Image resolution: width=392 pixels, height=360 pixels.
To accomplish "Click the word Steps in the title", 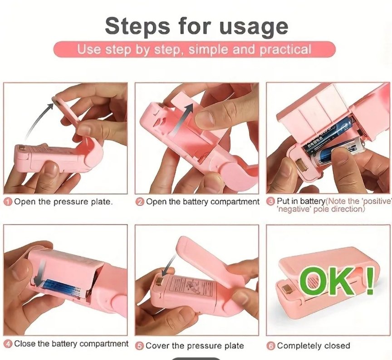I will [137, 26].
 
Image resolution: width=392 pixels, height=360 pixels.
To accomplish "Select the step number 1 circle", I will [8, 202].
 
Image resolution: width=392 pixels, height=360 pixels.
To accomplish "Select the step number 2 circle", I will [140, 202].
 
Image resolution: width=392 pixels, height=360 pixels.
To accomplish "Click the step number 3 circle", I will [270, 200].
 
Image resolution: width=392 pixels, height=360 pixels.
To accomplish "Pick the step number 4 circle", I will [8, 344].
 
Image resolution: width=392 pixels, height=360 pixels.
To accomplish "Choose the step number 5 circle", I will [140, 345].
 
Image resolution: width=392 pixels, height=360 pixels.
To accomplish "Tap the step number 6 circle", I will [271, 345].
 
